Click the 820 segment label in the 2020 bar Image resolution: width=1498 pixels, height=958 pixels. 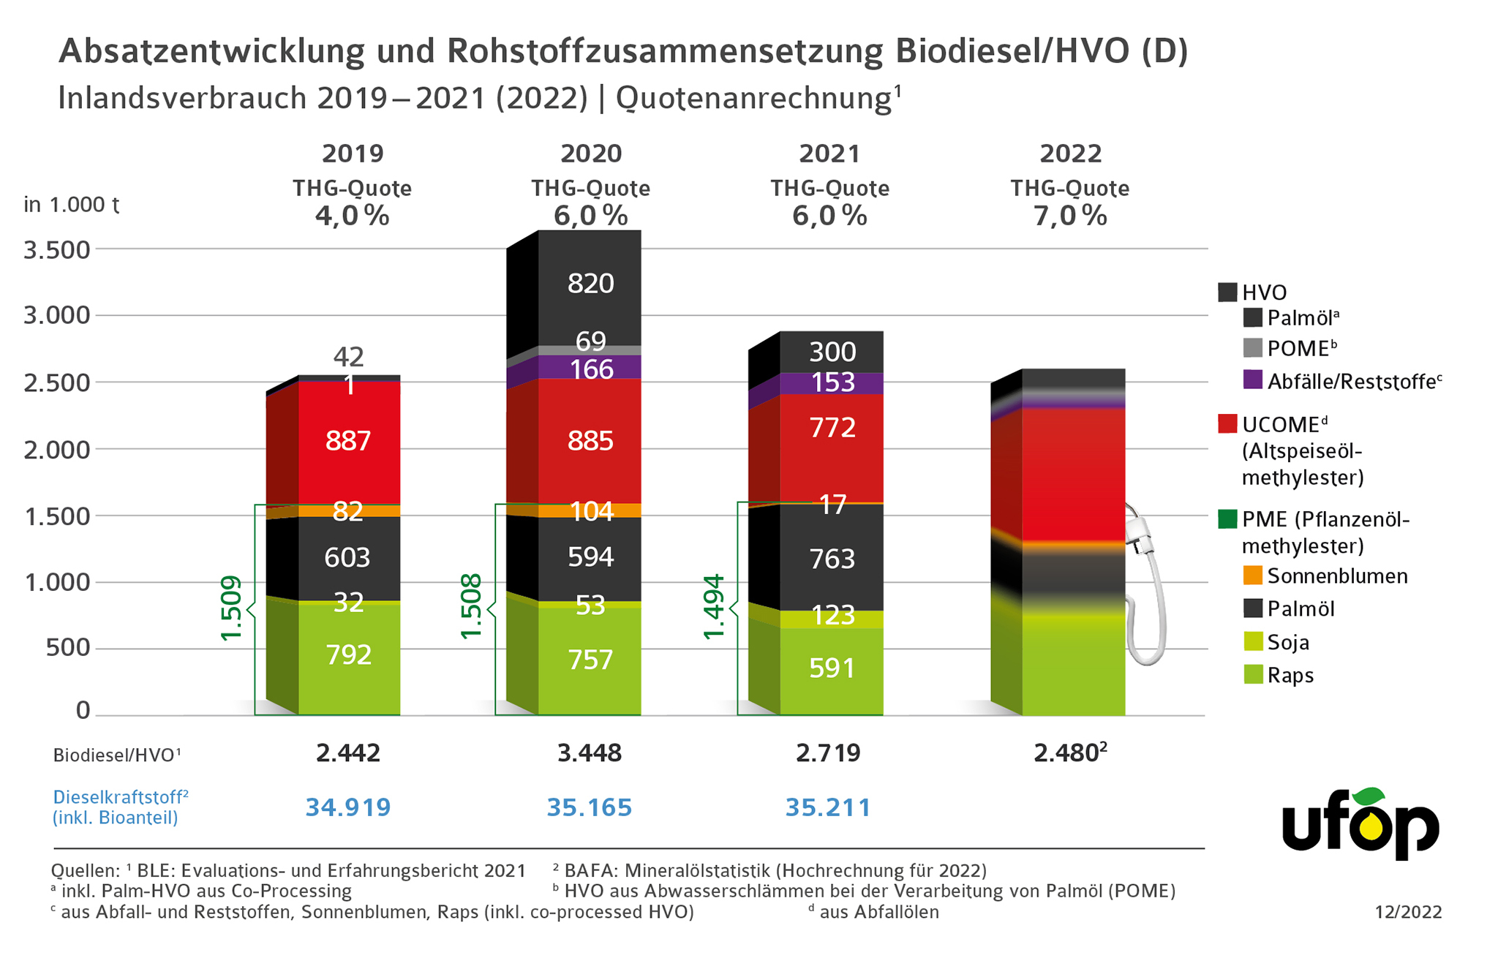(x=590, y=284)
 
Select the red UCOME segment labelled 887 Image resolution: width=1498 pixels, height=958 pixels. (x=348, y=441)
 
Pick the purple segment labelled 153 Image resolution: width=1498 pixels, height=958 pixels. (x=832, y=382)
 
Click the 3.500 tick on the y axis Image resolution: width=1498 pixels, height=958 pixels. (x=57, y=250)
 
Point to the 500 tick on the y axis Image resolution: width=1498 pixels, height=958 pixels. (x=68, y=648)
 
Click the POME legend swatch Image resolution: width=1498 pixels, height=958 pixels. (x=1253, y=348)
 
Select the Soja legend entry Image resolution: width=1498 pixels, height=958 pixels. (x=1288, y=643)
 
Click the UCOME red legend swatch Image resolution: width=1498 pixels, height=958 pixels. (x=1227, y=424)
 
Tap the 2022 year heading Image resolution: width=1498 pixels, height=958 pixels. (x=1070, y=154)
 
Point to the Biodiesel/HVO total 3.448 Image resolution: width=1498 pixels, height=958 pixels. (x=590, y=753)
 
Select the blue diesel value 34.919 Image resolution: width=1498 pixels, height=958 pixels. (x=348, y=807)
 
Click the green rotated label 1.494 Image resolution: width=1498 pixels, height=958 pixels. (x=713, y=607)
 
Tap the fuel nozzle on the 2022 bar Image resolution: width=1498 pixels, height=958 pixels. (x=1145, y=585)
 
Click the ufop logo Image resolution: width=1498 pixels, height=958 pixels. (x=1360, y=825)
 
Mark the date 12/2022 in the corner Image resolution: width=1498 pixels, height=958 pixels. (x=1408, y=912)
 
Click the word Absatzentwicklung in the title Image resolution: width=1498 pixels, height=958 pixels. (x=211, y=51)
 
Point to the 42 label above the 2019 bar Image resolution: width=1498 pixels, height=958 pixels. (x=348, y=357)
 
